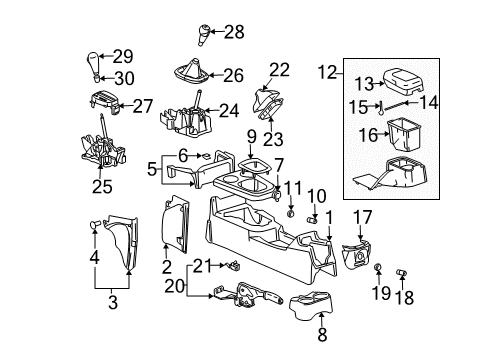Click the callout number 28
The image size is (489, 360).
coord(233,32)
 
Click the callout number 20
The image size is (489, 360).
coord(200,288)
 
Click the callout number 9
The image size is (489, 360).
coord(253,135)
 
